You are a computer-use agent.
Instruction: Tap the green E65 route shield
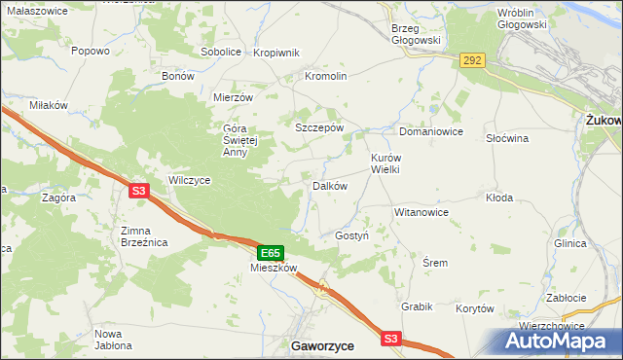coord(272,252)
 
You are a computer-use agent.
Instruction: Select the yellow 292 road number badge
coord(472,60)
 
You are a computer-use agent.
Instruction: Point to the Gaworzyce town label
coord(322,345)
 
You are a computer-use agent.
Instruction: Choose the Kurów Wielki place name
coord(385,162)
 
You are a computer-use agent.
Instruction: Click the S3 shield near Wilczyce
coord(138,192)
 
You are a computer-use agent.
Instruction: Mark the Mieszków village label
coord(273,267)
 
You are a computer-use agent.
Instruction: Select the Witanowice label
coord(421,211)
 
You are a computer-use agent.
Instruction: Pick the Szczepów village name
coord(319,127)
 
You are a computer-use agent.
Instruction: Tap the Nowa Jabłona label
coord(115,340)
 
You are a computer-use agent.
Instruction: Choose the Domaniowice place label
coord(430,131)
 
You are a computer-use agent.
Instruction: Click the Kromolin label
coord(326,76)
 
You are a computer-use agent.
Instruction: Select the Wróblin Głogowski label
coord(530,19)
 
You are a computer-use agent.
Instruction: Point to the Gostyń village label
coord(351,236)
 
